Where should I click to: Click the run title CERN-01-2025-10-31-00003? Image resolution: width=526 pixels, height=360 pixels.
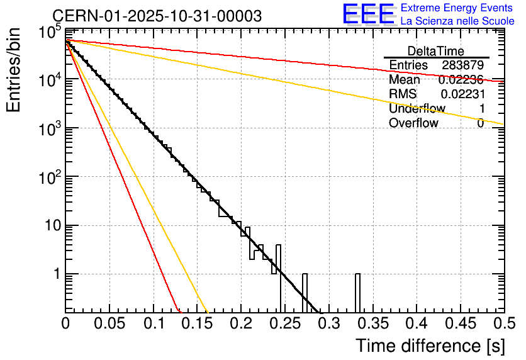157,16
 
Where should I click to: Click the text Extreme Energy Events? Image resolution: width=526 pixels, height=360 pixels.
457,8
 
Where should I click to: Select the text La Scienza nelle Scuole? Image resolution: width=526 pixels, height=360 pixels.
457,21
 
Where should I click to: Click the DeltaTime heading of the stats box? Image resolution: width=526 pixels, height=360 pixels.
436,51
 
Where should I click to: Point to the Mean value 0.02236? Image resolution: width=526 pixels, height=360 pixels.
461,80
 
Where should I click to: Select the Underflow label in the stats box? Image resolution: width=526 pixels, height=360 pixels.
417,109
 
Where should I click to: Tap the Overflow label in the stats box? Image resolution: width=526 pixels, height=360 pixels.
413,123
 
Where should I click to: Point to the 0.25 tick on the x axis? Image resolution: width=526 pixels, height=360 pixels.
284,323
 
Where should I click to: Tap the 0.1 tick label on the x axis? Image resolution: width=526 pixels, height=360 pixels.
153,323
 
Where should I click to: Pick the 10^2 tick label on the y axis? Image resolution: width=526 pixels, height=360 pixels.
48,177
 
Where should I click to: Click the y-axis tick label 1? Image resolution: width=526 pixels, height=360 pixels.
56,274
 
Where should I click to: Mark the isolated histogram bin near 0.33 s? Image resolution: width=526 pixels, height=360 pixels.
357,293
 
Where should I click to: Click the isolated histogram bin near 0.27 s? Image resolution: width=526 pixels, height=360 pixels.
305,293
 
